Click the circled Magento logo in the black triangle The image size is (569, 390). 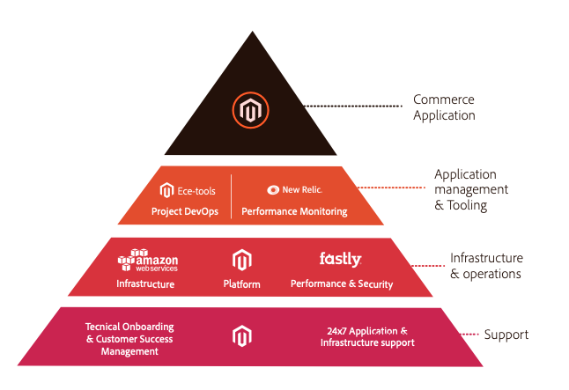250,110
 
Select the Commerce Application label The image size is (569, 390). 444,107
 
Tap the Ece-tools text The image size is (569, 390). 196,191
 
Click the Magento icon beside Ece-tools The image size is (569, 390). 167,190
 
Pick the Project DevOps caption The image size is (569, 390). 185,211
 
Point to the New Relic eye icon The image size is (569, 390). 273,190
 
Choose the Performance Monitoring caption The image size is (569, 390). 294,211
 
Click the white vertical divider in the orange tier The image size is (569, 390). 231,196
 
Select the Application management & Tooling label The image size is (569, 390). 471,189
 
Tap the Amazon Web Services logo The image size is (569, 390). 148,260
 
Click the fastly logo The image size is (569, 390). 340,259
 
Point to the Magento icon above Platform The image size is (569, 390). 241,260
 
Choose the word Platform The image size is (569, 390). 241,283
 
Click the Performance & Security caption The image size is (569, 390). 342,283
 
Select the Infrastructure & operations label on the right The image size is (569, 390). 486,266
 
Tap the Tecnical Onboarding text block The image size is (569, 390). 129,339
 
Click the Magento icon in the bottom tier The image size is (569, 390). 241,336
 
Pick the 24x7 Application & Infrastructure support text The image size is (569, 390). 367,336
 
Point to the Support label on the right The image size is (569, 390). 506,335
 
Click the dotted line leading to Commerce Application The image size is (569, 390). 353,106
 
